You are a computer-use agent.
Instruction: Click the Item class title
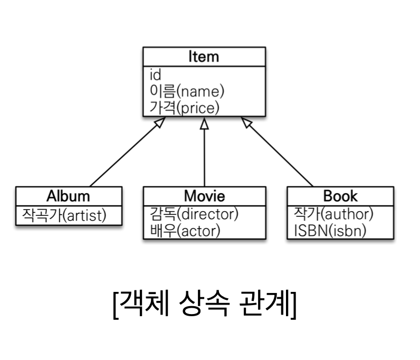(204, 56)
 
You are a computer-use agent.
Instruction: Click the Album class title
(68, 196)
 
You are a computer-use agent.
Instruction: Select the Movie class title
(204, 196)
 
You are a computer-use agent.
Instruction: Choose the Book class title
(340, 196)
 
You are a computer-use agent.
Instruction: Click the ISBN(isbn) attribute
(329, 231)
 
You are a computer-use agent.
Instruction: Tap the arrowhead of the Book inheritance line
(246, 121)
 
